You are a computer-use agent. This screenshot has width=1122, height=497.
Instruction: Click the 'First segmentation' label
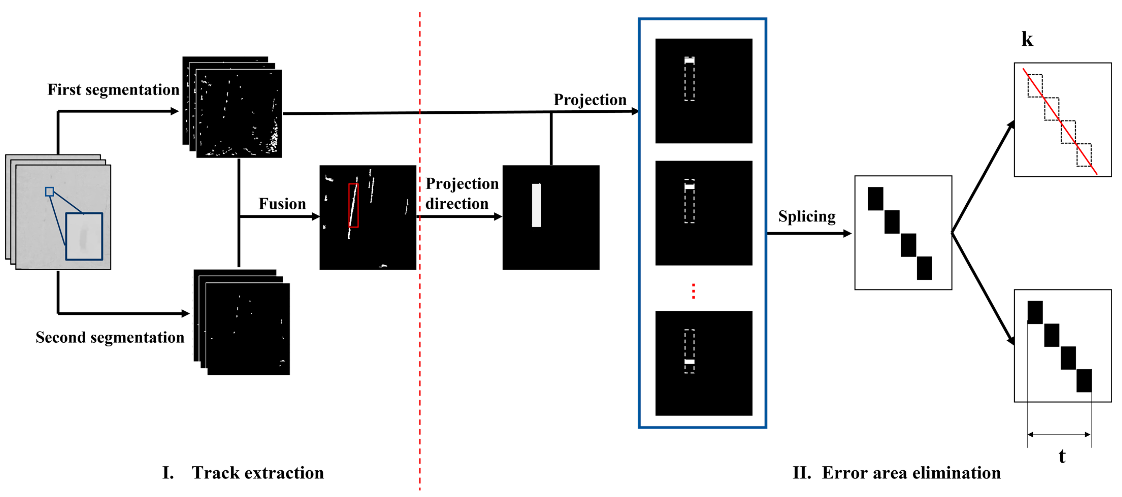[113, 90]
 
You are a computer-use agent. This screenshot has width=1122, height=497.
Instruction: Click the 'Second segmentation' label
[110, 338]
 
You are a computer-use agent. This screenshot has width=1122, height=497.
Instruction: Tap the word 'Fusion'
[282, 204]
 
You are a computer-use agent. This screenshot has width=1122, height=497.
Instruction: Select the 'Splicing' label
[807, 217]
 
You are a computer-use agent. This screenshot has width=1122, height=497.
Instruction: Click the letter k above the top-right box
[1027, 39]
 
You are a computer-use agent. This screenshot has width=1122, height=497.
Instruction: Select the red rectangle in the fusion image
[353, 205]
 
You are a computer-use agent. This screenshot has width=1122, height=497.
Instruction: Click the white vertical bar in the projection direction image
[536, 205]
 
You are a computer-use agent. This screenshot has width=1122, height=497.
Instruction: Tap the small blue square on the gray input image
[50, 192]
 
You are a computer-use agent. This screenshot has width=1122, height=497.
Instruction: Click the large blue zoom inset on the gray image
[84, 237]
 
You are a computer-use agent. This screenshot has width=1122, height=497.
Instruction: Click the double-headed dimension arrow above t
[1059, 434]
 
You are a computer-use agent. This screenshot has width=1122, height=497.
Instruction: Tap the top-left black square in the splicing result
[875, 199]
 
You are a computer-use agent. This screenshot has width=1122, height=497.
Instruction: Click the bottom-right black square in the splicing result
[924, 268]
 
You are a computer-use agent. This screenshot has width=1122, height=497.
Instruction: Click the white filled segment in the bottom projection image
[689, 361]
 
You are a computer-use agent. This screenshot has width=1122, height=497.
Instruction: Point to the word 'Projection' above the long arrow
[590, 100]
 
